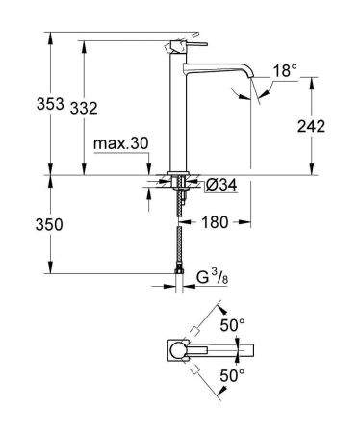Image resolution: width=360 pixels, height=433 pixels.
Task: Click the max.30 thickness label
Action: pos(122,144)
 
